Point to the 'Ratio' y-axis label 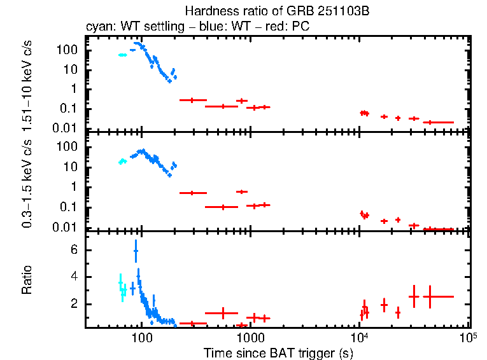click(x=27, y=280)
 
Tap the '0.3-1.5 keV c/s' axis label click(x=27, y=182)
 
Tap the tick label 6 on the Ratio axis click(x=74, y=251)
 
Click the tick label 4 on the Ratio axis click(x=74, y=277)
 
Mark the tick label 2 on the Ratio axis click(x=74, y=304)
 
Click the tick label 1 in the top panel click(x=74, y=88)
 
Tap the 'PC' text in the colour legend click(x=300, y=27)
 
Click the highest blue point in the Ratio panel click(x=136, y=251)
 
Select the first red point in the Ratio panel click(x=190, y=324)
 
